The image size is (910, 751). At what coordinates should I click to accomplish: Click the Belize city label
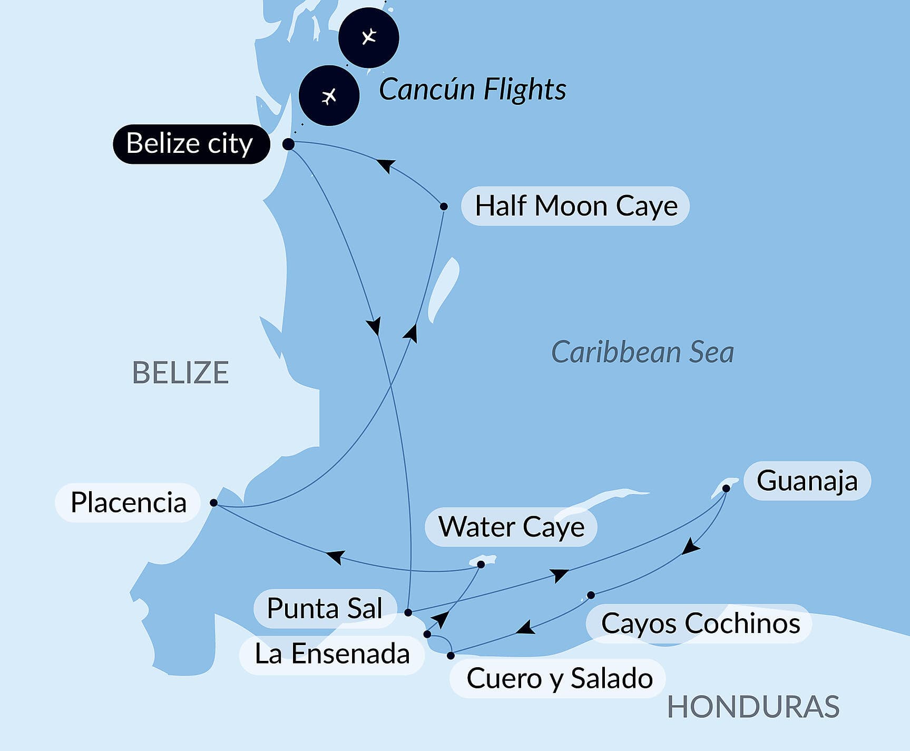click(x=191, y=144)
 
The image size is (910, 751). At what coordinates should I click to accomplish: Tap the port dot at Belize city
click(x=288, y=144)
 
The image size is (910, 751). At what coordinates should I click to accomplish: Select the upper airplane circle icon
click(x=368, y=37)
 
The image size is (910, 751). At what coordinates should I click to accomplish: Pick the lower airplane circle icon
click(x=329, y=95)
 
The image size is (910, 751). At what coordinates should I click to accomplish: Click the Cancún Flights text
click(x=472, y=89)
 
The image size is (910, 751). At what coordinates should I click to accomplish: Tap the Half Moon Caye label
click(x=575, y=206)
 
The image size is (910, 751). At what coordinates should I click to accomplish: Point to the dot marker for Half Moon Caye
click(x=444, y=207)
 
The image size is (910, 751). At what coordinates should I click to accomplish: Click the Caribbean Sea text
click(x=642, y=352)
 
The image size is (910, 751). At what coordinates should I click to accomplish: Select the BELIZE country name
click(x=180, y=373)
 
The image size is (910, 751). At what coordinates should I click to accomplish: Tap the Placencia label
click(x=128, y=503)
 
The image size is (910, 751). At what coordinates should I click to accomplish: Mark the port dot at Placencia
click(x=213, y=503)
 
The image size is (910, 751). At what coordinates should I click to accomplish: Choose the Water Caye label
click(x=511, y=527)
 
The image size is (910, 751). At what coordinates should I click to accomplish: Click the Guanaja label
click(x=807, y=481)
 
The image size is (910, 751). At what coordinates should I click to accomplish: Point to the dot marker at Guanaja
click(x=726, y=489)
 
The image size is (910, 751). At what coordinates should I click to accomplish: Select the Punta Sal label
click(x=325, y=609)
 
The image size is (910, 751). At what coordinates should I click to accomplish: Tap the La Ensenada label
click(x=332, y=655)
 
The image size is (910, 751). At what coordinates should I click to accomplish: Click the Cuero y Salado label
click(x=559, y=678)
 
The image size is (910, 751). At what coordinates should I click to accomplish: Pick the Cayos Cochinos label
click(x=700, y=623)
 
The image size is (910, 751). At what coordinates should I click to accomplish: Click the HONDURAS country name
click(x=753, y=707)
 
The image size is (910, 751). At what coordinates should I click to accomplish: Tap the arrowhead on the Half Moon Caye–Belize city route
click(x=386, y=165)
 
